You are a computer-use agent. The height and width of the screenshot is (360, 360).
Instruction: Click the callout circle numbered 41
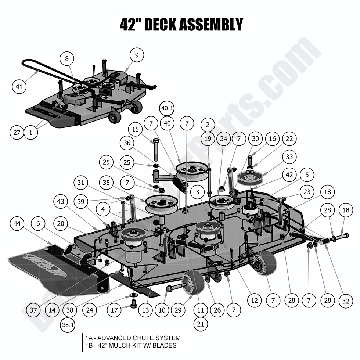click(19, 87)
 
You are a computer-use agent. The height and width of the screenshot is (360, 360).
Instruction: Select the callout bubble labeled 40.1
click(167, 108)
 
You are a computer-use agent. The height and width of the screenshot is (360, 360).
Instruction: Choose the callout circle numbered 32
click(346, 301)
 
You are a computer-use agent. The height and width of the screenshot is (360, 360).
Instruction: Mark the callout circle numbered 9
click(137, 55)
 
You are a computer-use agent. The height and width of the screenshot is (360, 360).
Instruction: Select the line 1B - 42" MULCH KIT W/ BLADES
click(130, 345)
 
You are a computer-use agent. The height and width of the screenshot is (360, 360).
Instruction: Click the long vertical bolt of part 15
click(156, 151)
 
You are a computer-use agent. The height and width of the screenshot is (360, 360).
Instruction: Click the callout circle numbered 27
click(17, 133)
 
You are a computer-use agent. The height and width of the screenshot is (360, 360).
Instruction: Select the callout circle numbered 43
click(60, 202)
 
